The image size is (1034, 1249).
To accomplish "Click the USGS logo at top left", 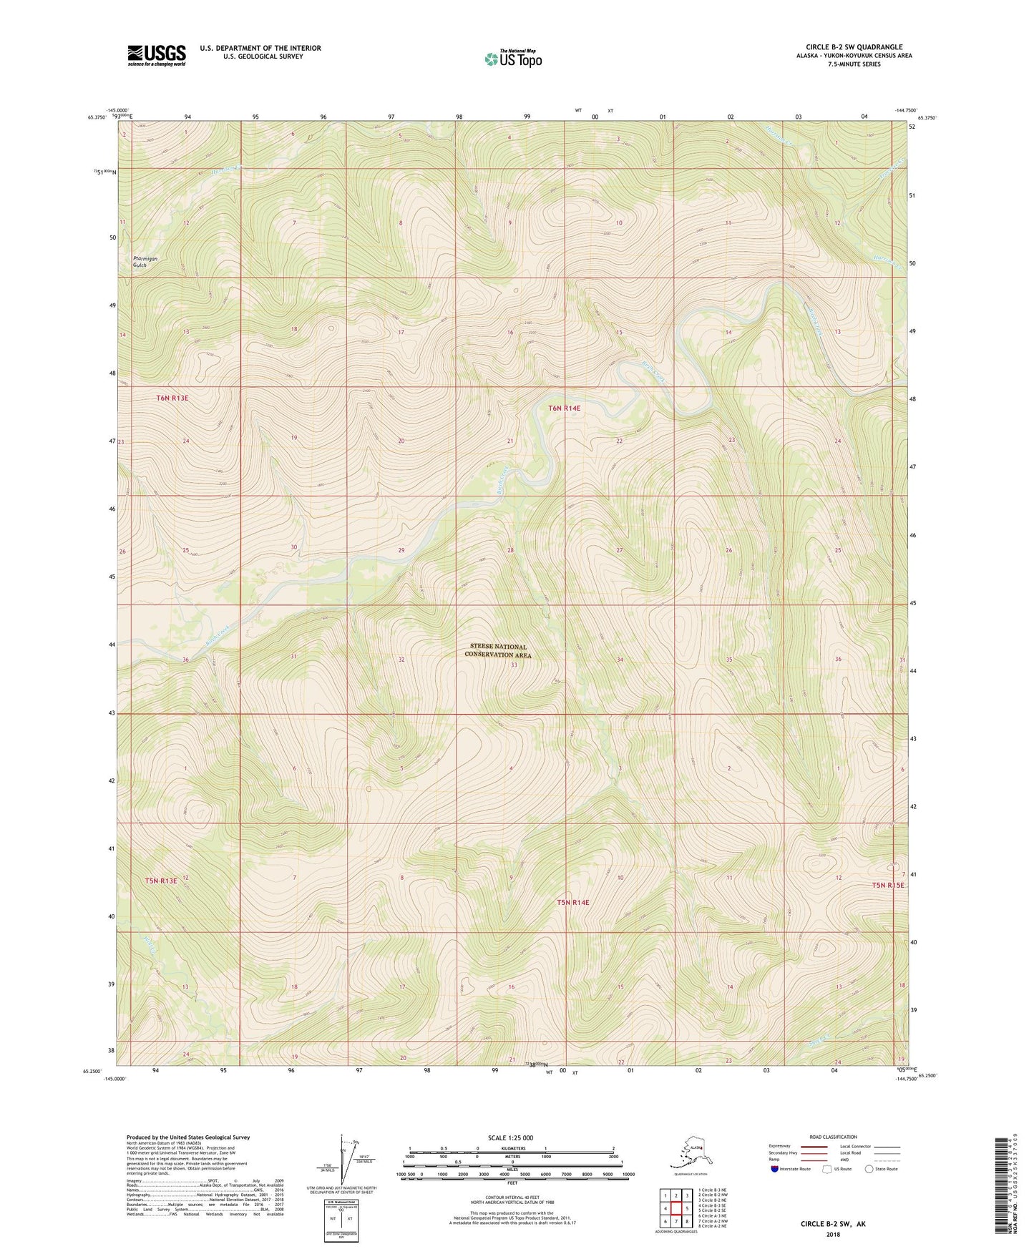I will click(x=157, y=55).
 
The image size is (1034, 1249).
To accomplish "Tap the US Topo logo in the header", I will click(x=512, y=58).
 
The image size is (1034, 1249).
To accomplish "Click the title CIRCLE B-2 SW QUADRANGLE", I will click(x=854, y=47).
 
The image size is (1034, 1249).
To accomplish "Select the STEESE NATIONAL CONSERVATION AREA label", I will click(x=498, y=650).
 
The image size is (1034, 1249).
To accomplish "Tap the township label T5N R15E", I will click(x=888, y=885).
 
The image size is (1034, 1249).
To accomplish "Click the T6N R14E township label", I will click(x=564, y=408).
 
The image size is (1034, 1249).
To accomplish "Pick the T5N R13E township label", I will click(x=161, y=881).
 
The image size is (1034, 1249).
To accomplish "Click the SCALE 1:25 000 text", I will click(x=512, y=1137).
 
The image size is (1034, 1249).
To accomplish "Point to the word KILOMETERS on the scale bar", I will click(x=512, y=1148).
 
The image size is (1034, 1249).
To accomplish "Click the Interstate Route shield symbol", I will click(x=775, y=1169).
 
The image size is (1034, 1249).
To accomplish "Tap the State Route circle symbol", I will click(x=869, y=1169).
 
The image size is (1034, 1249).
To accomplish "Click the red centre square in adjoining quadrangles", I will click(x=675, y=1208).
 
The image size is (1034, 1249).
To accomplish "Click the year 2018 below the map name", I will click(x=833, y=1234).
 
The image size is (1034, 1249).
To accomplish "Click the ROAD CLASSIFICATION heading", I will click(x=833, y=1137).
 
